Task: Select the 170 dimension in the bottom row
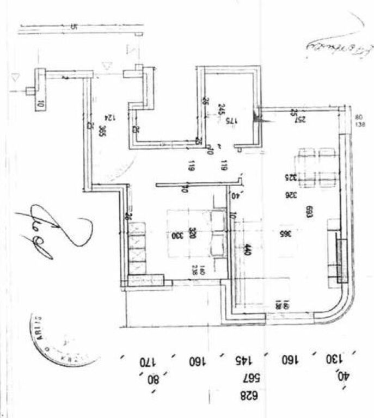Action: coord(148,361)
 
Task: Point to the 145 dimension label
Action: coord(243,360)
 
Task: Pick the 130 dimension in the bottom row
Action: coord(335,359)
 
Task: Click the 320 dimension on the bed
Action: coord(191,234)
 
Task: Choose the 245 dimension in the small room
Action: coord(220,111)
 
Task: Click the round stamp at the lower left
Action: coord(63,339)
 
